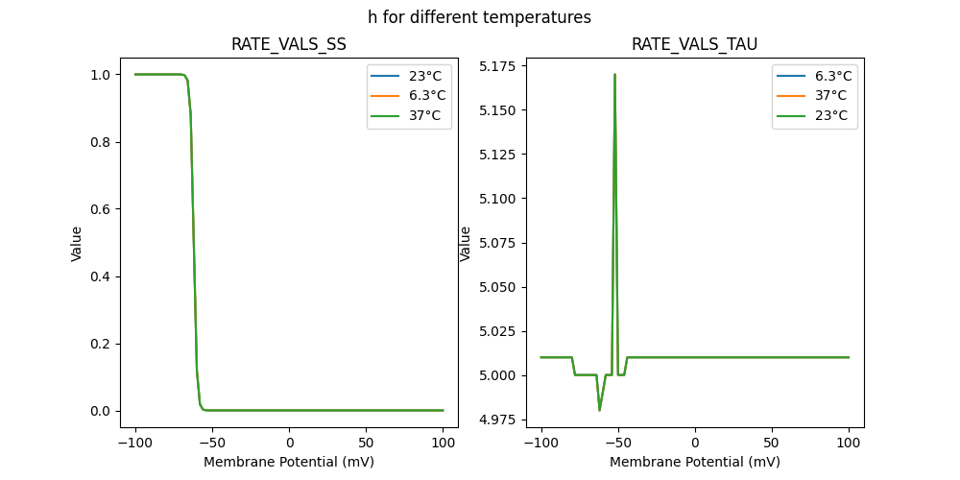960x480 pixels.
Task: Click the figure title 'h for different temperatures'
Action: click(x=479, y=17)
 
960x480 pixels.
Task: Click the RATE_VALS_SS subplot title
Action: click(x=289, y=44)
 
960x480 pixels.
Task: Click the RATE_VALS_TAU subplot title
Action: click(x=694, y=44)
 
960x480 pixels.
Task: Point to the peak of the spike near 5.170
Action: click(x=614, y=74)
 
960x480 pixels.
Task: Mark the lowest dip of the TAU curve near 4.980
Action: click(x=600, y=410)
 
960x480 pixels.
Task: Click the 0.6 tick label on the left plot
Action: click(x=99, y=209)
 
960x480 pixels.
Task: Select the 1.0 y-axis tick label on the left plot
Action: click(x=99, y=75)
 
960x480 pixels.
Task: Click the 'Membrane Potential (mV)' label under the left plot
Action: click(x=289, y=462)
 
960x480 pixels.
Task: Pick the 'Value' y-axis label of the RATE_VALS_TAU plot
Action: click(x=466, y=243)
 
